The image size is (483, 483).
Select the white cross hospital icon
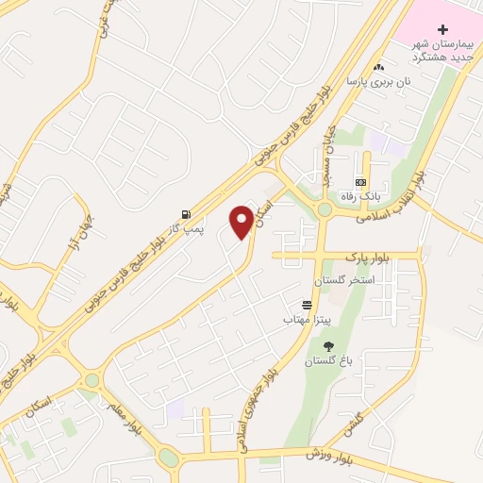pos(442,30)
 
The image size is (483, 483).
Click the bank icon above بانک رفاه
pos(360,182)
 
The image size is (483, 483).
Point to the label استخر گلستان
pos(348,281)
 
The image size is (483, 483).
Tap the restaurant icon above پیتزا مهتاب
pos(307,305)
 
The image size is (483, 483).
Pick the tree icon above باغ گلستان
pos(328,345)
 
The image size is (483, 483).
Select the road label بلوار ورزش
pos(326,455)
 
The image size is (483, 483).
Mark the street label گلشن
pos(358,423)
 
